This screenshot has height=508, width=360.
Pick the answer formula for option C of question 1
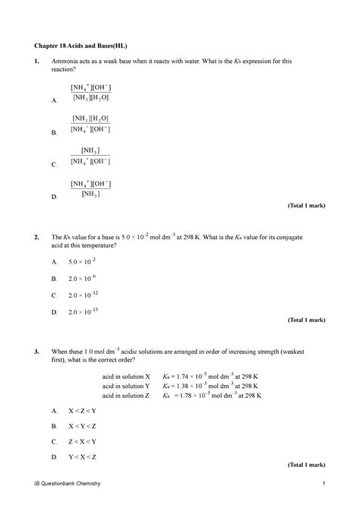[x=90, y=156]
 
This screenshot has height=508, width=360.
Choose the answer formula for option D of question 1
[x=90, y=188]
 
